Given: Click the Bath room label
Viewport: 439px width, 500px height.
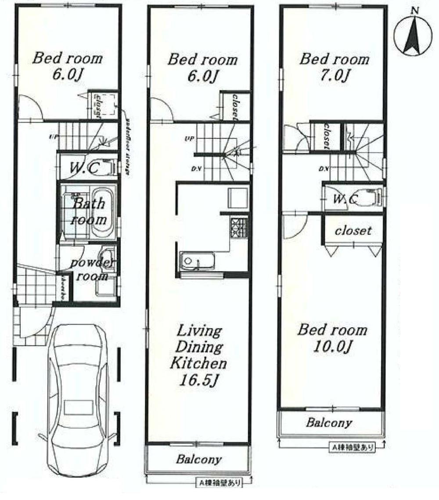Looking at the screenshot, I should tap(89, 211).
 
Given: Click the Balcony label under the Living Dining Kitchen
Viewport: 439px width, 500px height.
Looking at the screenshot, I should tap(199, 460).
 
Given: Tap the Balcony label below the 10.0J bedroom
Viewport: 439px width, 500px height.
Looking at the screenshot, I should tap(329, 423).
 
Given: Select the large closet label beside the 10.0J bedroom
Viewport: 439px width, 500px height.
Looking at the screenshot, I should tap(353, 230).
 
